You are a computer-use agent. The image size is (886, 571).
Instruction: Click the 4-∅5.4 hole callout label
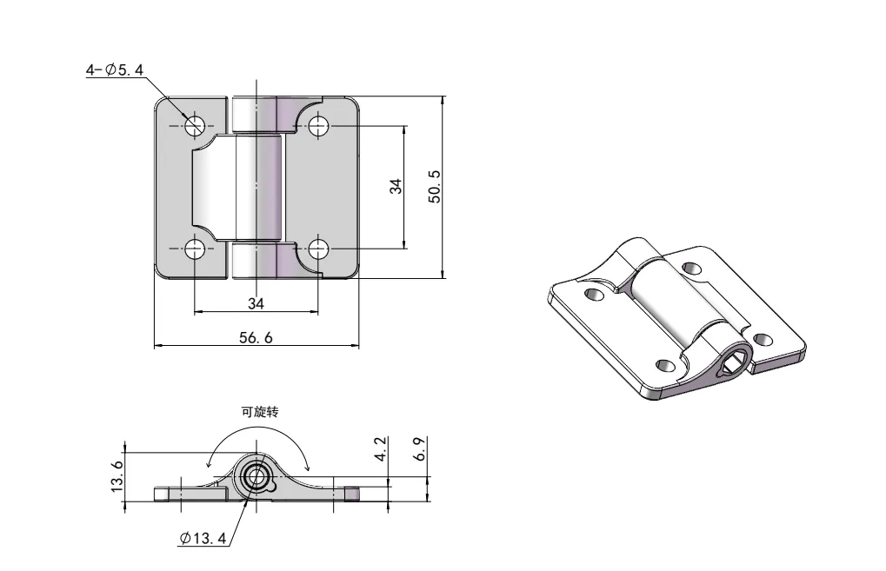point(114,70)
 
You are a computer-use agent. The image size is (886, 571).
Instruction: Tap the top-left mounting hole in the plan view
point(194,124)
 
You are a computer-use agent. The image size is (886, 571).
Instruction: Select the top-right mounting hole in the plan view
point(318,125)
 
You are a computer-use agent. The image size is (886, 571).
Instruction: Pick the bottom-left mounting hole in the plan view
point(194,249)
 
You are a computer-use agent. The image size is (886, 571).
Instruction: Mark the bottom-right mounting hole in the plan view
point(318,249)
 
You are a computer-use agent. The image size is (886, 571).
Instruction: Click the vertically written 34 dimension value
point(396,186)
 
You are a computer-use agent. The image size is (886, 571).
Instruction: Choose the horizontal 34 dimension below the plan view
point(256,302)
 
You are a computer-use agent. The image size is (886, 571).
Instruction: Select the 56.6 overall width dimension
point(256,338)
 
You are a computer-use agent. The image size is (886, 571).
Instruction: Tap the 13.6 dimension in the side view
point(117,477)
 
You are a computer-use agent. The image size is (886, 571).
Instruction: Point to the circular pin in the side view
point(256,476)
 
